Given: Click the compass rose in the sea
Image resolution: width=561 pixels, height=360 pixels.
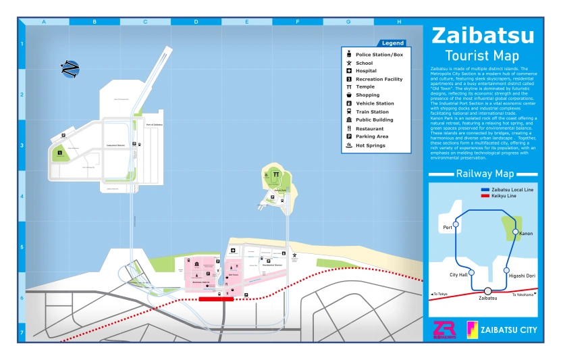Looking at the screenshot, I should tap(70, 69).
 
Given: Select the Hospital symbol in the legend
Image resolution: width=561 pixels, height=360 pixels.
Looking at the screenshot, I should tap(348, 71).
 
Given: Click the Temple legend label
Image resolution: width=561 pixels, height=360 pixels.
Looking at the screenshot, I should tap(365, 87).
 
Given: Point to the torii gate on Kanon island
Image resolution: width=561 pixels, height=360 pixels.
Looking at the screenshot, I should tap(276, 175).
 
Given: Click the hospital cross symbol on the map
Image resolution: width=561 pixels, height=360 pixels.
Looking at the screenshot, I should tap(233, 250).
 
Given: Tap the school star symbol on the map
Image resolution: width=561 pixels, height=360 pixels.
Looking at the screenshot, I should tap(294, 255).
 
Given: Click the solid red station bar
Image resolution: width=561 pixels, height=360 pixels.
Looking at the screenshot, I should tap(216, 299).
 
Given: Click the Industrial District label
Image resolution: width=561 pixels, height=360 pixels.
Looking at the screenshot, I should tap(116, 145).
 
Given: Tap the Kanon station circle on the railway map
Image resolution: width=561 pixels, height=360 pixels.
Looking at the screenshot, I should tap(516, 232).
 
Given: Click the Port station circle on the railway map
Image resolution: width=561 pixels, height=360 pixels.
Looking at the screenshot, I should tap(456, 224).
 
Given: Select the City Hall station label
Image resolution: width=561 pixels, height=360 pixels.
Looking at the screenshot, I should tap(458, 275).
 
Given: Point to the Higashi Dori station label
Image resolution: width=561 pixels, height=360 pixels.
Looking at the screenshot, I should tap(522, 276).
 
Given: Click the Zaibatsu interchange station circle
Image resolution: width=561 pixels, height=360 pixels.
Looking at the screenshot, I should tap(487, 291).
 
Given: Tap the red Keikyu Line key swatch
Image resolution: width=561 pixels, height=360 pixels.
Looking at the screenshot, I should tap(485, 196).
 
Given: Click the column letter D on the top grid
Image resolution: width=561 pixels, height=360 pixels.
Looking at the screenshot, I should tap(196, 22).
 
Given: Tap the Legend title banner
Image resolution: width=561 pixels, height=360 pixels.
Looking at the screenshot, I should tap(392, 43).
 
